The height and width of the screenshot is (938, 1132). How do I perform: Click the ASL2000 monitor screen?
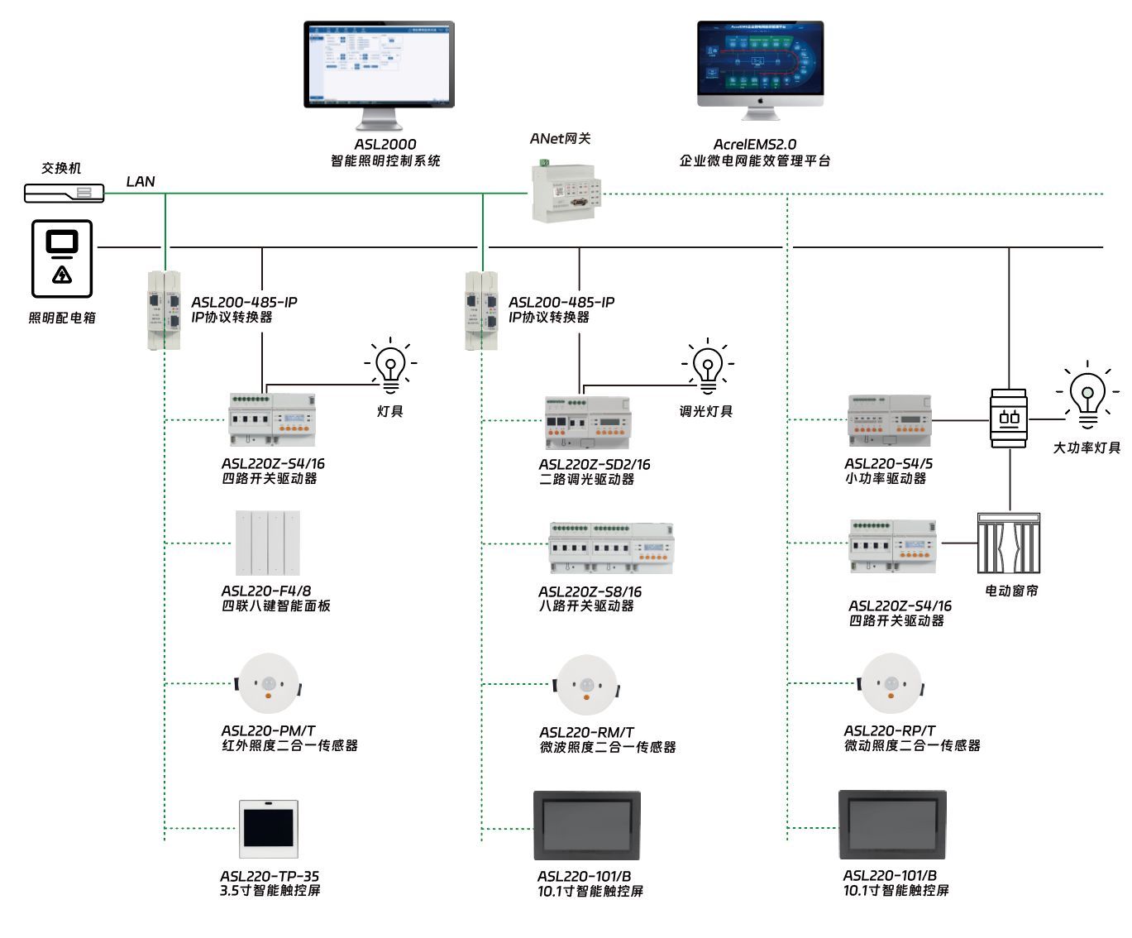[379, 64]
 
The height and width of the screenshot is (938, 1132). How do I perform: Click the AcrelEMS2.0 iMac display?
[760, 59]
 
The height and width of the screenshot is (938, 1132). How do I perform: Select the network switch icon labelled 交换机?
[64, 194]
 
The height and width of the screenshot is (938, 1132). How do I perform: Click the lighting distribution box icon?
[62, 258]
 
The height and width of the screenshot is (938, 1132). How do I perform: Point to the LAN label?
[141, 182]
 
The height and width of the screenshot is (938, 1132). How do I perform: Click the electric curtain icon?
[1008, 543]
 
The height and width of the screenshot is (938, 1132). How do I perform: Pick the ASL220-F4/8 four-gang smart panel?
[268, 543]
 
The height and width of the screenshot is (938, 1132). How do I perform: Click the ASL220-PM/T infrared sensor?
[268, 684]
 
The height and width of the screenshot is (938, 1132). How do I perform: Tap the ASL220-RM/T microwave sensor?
[586, 685]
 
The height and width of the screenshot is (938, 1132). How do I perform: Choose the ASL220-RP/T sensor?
[891, 684]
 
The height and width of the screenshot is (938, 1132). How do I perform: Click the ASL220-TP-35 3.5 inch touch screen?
[268, 829]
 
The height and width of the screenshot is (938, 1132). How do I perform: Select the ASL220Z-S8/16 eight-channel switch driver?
[611, 547]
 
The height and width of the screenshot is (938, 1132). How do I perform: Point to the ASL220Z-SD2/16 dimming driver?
[587, 422]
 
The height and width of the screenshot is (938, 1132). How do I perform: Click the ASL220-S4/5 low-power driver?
[889, 420]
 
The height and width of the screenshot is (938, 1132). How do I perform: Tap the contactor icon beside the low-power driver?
[1009, 418]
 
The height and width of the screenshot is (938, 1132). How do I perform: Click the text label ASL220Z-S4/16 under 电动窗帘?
[900, 606]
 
